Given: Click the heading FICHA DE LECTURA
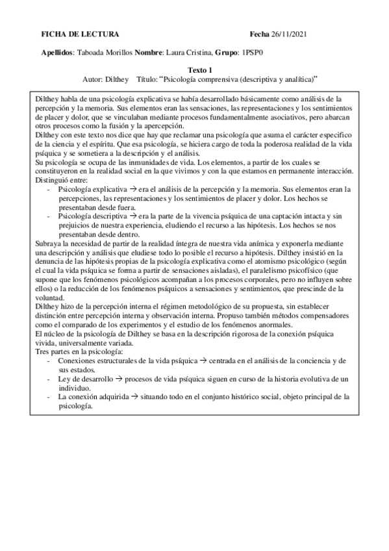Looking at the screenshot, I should tap(80, 34).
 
